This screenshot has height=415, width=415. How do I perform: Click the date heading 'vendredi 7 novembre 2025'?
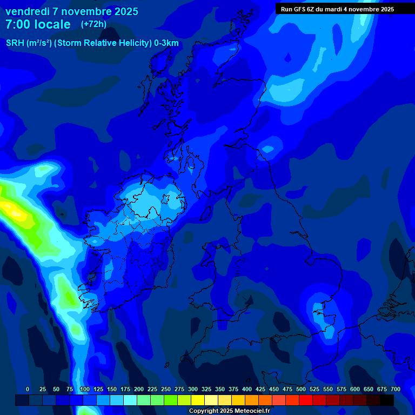[72, 11]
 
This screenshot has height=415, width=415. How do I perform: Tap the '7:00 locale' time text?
[38, 24]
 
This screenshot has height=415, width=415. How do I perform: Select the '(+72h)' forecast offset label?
[93, 24]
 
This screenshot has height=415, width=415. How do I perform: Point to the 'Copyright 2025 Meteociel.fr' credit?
[229, 411]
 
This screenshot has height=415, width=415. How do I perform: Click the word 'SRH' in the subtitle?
[15, 43]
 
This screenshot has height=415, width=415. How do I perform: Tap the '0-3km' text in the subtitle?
[166, 43]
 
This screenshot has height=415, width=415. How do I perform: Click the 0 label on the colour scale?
[28, 390]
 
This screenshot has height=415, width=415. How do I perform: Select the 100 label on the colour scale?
[85, 390]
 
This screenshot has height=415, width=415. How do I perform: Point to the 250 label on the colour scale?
[166, 390]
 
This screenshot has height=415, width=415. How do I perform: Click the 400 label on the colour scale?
[247, 390]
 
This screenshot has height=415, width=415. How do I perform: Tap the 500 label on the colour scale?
[301, 390]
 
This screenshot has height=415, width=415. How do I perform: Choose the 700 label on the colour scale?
[396, 390]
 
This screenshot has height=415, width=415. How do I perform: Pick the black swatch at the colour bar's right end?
[387, 400]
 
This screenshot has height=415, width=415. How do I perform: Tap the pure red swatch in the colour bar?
[306, 400]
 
